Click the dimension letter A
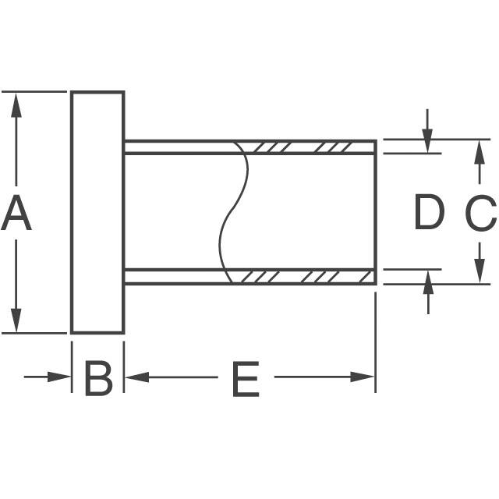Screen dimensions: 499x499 16,214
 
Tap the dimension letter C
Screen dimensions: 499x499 480,213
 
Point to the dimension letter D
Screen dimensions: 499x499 428,213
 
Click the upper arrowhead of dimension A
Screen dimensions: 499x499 16,103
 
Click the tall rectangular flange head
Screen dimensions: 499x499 98,212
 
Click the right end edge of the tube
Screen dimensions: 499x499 376,212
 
